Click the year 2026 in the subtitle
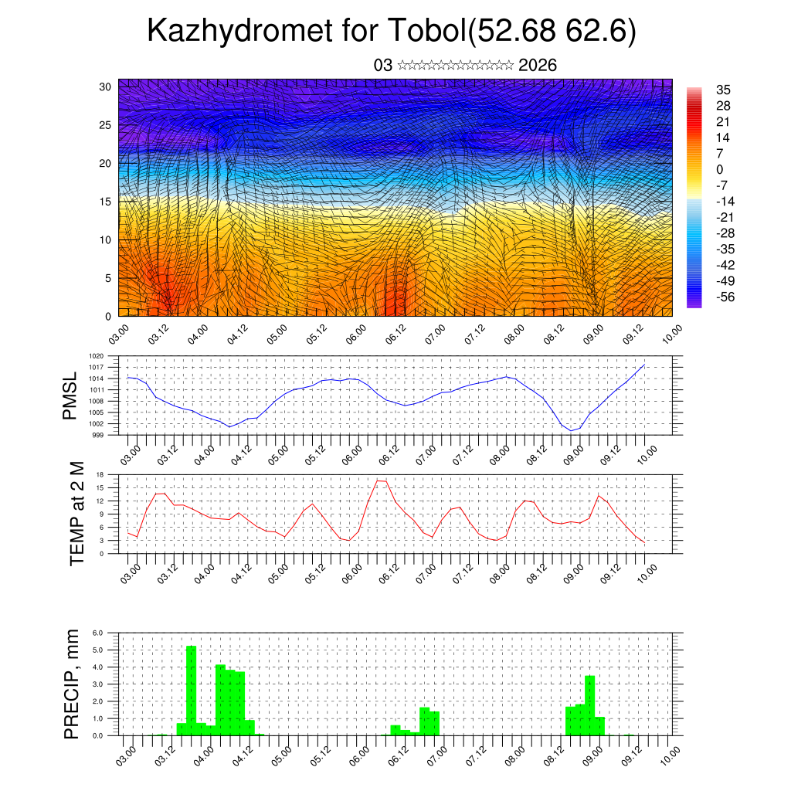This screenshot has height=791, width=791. (538, 65)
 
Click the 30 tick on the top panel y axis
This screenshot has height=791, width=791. (106, 87)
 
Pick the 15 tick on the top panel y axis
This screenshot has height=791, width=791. (106, 202)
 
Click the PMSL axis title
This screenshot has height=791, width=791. (71, 395)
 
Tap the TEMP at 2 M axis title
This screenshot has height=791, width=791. (76, 513)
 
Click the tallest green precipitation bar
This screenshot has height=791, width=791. (192, 690)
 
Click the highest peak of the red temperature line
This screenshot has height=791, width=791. (381, 480)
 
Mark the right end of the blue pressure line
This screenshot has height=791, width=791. (644, 365)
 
